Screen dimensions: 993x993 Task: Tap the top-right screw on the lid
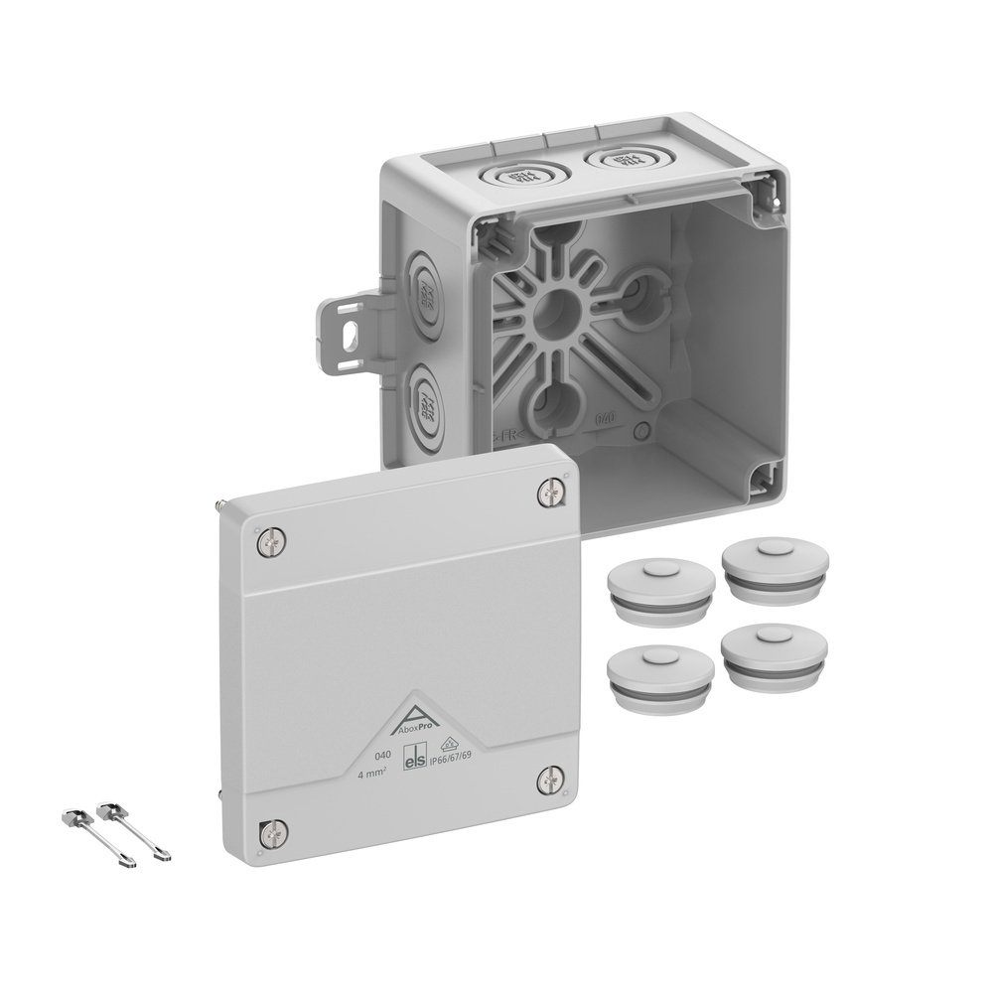point(550,493)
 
